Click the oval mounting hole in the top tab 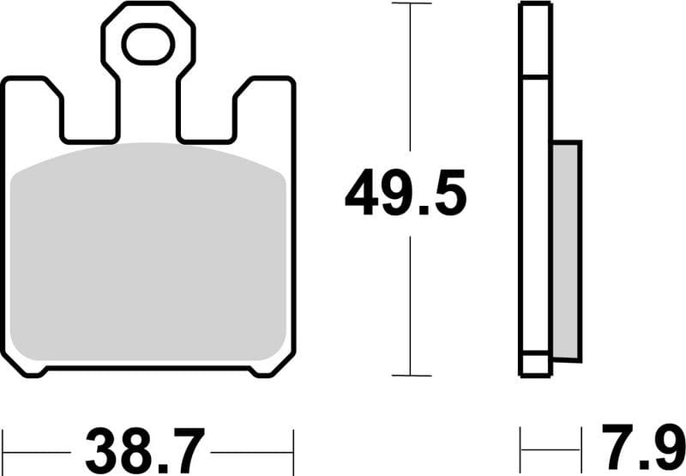pos(148,44)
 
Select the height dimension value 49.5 pos(406,194)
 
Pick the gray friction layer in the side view pos(566,249)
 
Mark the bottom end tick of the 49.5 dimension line pos(412,375)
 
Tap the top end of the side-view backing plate pos(535,7)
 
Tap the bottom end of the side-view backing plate pos(535,371)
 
